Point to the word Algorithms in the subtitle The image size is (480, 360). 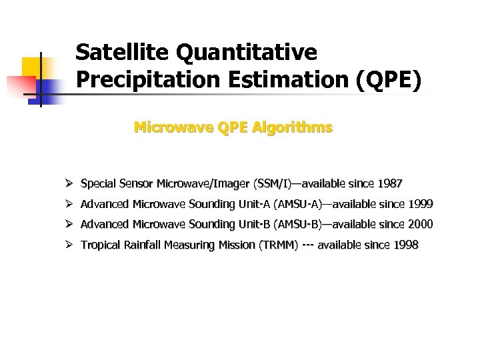pyautogui.click(x=295, y=127)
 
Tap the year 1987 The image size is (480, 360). pyautogui.click(x=390, y=183)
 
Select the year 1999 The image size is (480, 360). pyautogui.click(x=420, y=204)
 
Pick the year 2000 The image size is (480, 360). pyautogui.click(x=420, y=224)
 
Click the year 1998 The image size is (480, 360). pyautogui.click(x=406, y=245)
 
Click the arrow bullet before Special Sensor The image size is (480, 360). pyautogui.click(x=69, y=183)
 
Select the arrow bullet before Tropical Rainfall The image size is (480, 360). pyautogui.click(x=69, y=245)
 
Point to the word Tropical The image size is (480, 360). pyautogui.click(x=99, y=245)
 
